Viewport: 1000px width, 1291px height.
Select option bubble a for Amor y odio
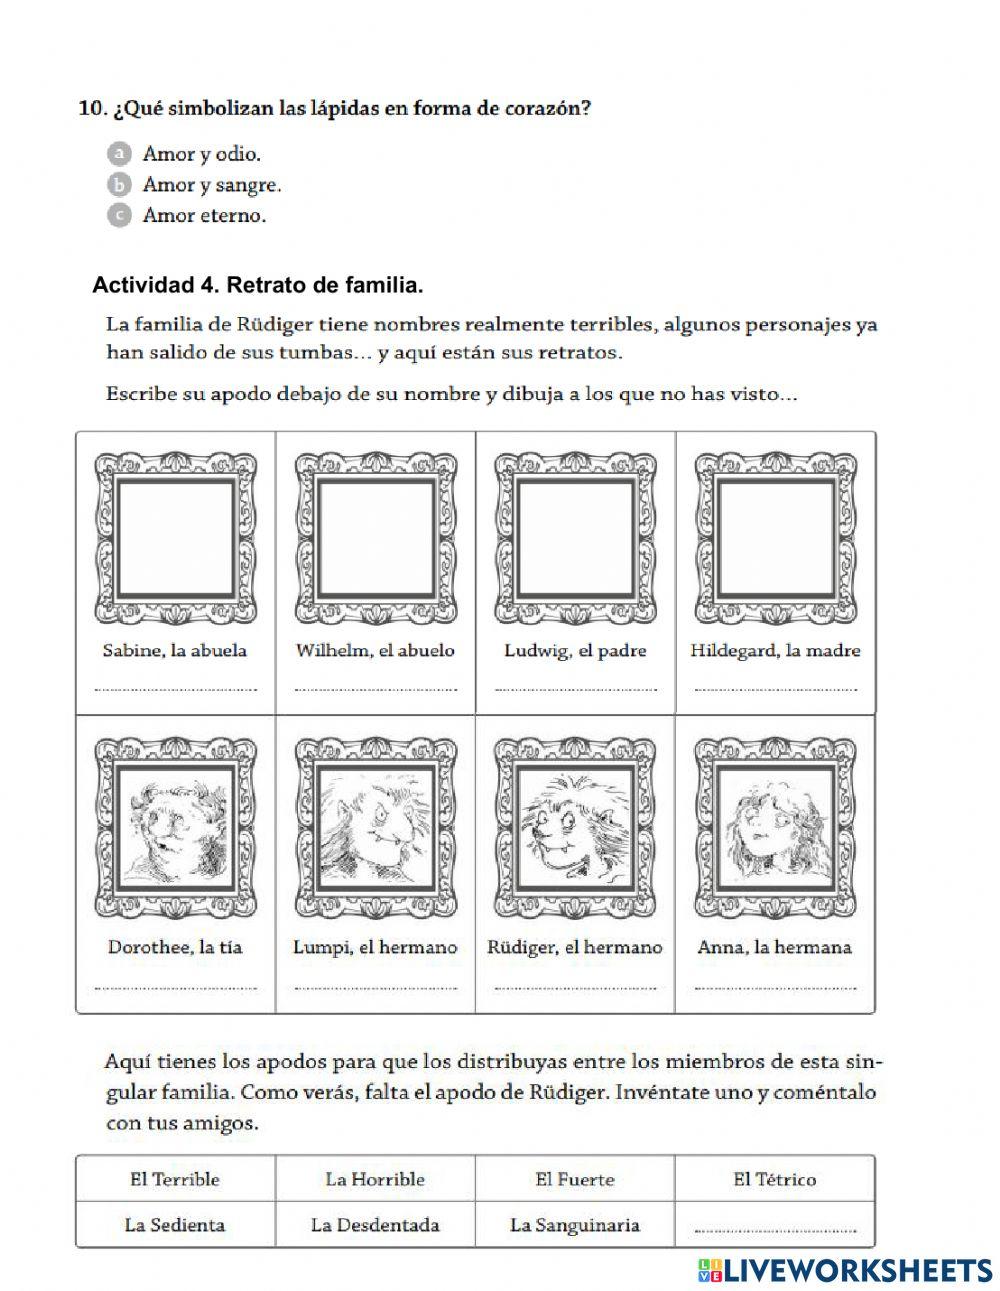click(x=119, y=154)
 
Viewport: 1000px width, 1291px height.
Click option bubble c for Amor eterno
click(x=119, y=215)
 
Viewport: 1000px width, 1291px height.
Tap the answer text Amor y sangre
click(x=211, y=185)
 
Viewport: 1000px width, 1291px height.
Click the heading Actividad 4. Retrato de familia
click(x=257, y=286)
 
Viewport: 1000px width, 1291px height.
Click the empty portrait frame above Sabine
click(x=175, y=537)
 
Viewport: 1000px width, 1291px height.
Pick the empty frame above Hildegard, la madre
click(x=775, y=537)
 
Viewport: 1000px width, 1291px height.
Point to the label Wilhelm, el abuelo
click(x=375, y=651)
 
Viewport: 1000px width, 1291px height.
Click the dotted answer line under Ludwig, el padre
click(x=575, y=689)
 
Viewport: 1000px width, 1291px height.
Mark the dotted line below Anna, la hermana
click(x=775, y=987)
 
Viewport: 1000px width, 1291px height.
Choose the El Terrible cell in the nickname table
click(x=175, y=1180)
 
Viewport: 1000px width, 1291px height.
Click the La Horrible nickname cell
click(x=375, y=1180)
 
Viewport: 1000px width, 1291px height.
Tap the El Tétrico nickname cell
click(x=775, y=1180)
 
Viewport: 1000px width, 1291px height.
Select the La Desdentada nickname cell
click(x=375, y=1225)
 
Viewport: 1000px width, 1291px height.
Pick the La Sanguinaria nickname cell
click(x=575, y=1225)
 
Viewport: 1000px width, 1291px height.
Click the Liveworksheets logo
click(x=845, y=1269)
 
